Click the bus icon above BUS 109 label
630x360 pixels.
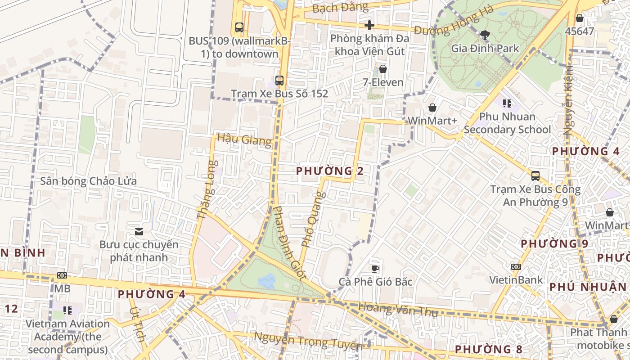pos(239,27)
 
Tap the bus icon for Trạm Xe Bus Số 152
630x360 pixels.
pos(279,81)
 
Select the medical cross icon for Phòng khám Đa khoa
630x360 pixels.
pos(369,25)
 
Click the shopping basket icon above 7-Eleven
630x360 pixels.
pos(383,69)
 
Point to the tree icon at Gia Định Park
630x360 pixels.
pos(485,35)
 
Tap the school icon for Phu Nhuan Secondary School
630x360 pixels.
pos(507,103)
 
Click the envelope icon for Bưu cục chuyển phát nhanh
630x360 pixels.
pos(139,232)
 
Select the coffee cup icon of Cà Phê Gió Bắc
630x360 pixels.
pos(375,269)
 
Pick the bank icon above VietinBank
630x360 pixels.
pos(516,267)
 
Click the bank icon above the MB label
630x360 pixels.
pos(62,275)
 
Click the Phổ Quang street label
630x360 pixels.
pos(313,219)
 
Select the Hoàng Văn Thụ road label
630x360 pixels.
pos(398,309)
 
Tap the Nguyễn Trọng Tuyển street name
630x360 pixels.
pos(308,341)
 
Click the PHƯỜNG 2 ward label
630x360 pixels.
pos(330,171)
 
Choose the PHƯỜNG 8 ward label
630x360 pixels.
pos(488,349)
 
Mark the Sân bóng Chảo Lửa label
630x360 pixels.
pos(88,181)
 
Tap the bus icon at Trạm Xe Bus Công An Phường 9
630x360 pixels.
pos(535,176)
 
